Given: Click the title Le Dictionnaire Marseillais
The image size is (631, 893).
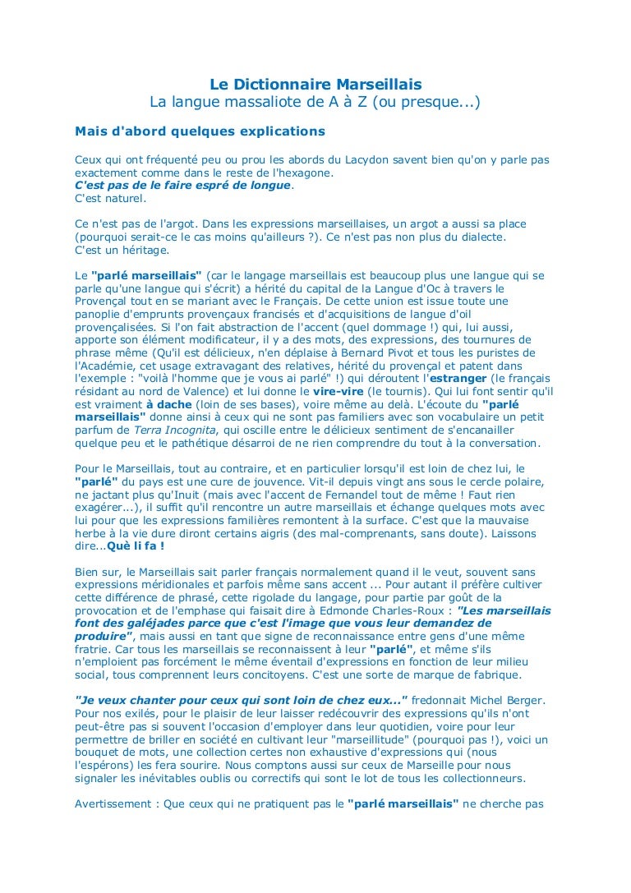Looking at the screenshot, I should (315, 85).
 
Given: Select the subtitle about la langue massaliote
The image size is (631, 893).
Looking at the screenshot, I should (315, 103).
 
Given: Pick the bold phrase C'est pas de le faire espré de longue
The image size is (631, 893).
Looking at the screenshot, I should (182, 185).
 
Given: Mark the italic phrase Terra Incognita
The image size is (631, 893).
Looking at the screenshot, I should (176, 430).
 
